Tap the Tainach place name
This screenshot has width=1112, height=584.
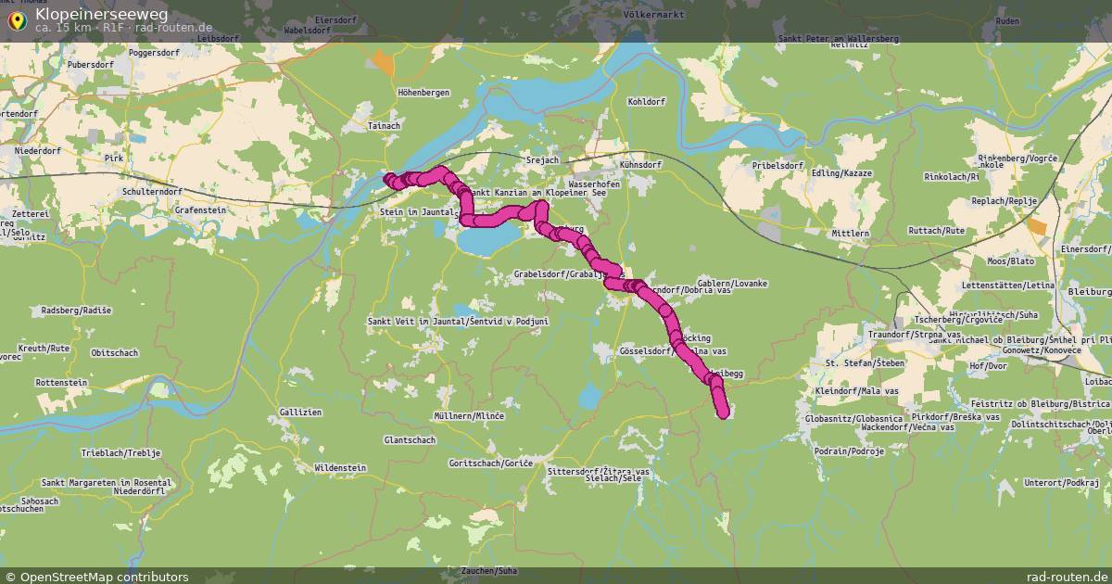point(385,125)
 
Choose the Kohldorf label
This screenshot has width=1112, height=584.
point(647,101)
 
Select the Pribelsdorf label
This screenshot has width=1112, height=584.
point(752,164)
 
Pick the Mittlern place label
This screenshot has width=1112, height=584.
point(851,234)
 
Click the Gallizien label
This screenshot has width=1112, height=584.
point(300,412)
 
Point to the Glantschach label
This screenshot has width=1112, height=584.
point(410,439)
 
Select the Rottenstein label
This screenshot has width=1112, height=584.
point(61,382)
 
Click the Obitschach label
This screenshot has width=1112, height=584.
point(115,352)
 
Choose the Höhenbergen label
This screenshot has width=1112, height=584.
point(423,94)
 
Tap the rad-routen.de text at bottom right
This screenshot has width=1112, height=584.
point(1068,577)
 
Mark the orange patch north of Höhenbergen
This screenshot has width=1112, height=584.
point(382,63)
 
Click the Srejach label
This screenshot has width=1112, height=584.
point(542,160)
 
